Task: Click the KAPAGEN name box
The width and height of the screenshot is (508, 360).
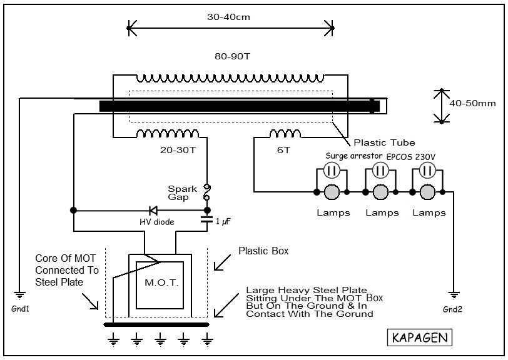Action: (420, 337)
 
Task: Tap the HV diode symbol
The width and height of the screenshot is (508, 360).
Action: (153, 211)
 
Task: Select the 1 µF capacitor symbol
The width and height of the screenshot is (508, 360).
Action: (207, 219)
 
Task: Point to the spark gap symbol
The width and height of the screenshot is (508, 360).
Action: (206, 192)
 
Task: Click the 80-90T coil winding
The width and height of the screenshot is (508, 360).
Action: (230, 78)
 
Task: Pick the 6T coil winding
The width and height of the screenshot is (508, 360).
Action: (285, 133)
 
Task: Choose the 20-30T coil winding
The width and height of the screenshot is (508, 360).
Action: (168, 133)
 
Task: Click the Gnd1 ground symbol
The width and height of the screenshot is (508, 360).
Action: (20, 295)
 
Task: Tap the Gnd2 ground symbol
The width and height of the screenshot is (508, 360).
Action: (454, 296)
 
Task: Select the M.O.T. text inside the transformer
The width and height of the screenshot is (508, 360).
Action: (161, 282)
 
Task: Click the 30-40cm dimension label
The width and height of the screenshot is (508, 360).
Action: (228, 17)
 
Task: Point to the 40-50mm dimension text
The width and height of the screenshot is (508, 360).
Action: (472, 104)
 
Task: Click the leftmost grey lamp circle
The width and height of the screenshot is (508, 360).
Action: (332, 192)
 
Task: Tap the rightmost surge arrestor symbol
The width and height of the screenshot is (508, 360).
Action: (427, 170)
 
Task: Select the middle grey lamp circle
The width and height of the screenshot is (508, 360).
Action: (380, 192)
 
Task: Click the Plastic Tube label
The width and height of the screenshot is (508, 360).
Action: (384, 142)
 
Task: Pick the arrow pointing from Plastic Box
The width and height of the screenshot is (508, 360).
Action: (222, 262)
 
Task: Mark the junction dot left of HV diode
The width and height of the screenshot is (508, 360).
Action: (74, 211)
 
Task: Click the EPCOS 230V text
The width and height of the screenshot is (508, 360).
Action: (411, 157)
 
